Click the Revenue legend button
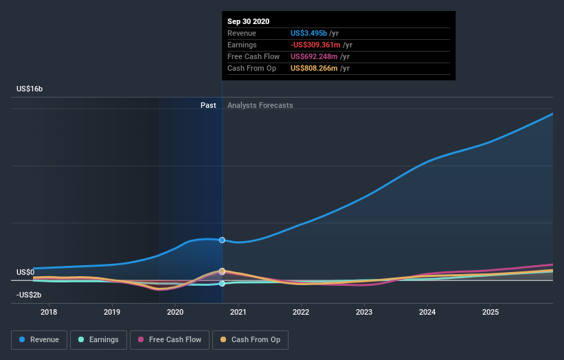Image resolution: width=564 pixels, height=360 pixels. pyautogui.click(x=39, y=339)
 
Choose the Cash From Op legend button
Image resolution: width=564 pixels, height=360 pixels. pyautogui.click(x=251, y=339)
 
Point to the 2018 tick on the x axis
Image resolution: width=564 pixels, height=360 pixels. pyautogui.click(x=49, y=313)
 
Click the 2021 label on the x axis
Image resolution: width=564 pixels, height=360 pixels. pyautogui.click(x=238, y=313)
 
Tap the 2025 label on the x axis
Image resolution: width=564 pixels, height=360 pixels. pyautogui.click(x=490, y=313)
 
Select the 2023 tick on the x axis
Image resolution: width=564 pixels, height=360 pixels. pyautogui.click(x=364, y=313)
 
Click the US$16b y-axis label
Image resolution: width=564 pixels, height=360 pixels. pyautogui.click(x=30, y=89)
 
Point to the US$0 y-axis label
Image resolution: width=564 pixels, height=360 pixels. pyautogui.click(x=25, y=273)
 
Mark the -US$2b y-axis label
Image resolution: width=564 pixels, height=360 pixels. pyautogui.click(x=29, y=295)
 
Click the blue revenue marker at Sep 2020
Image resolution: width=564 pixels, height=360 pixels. pyautogui.click(x=222, y=240)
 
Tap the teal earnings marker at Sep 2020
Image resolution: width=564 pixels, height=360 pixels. pyautogui.click(x=222, y=284)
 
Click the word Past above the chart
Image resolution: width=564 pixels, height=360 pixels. pyautogui.click(x=208, y=106)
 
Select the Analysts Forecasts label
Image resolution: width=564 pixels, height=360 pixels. pyautogui.click(x=260, y=106)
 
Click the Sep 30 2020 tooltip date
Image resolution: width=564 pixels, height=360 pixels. pyautogui.click(x=249, y=21)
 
